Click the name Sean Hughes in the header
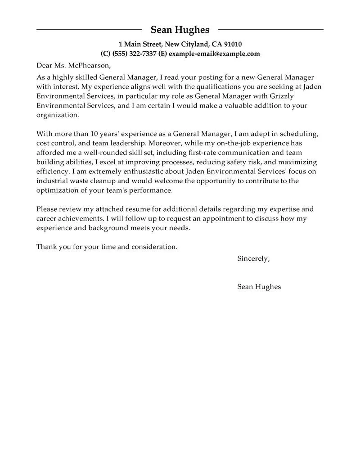pyautogui.click(x=180, y=30)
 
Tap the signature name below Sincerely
pyautogui.click(x=259, y=286)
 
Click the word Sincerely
pyautogui.click(x=253, y=258)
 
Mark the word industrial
pyautogui.click(x=52, y=181)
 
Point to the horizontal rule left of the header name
pyautogui.click(x=89, y=30)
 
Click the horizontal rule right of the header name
pyautogui.click(x=270, y=30)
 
